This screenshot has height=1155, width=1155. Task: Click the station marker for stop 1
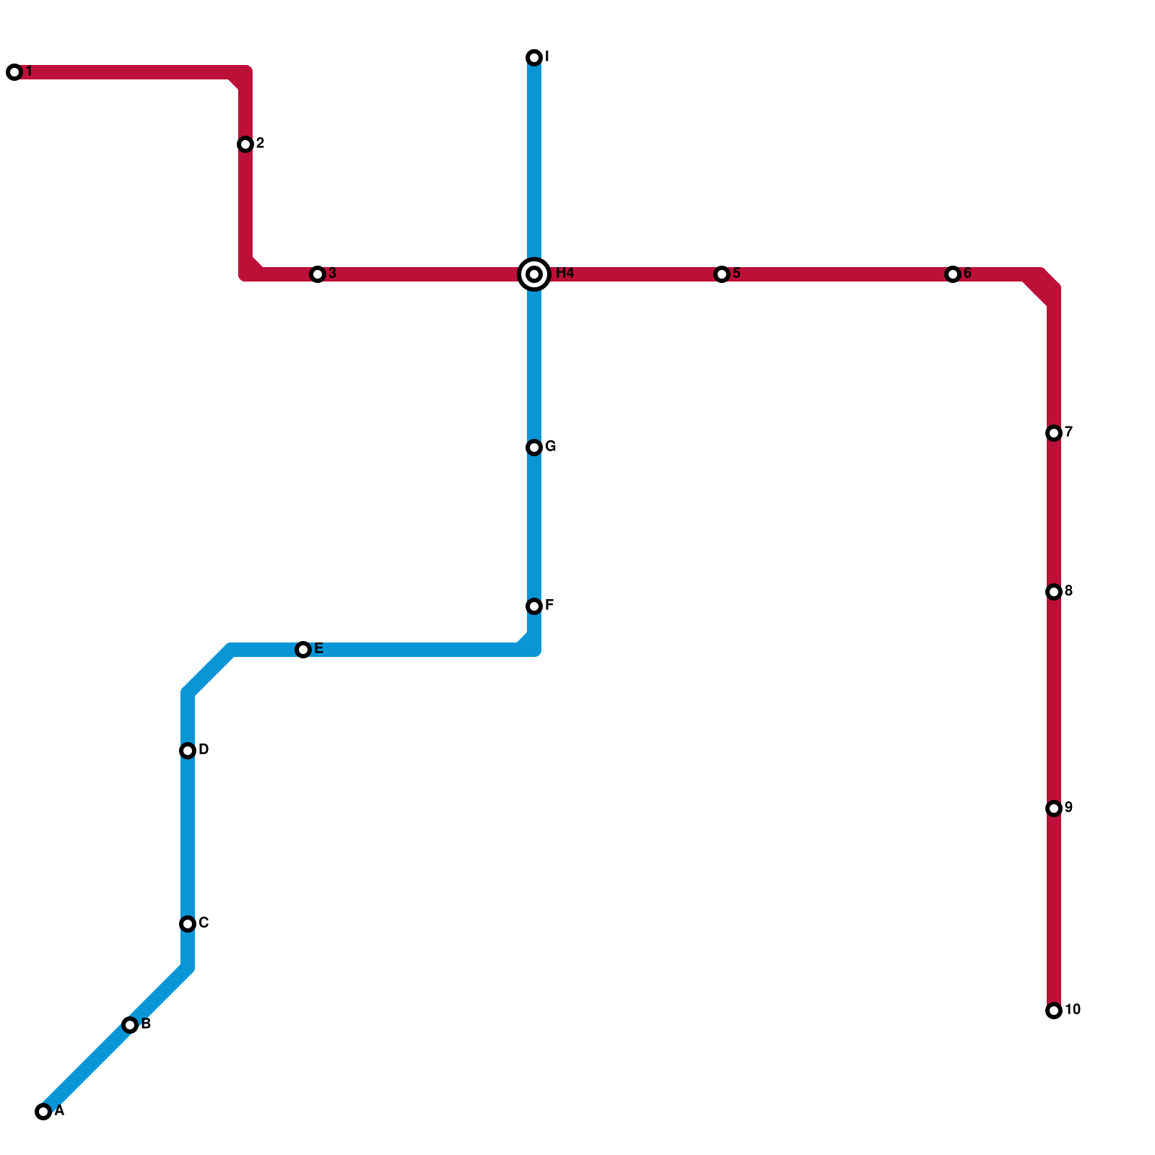(14, 72)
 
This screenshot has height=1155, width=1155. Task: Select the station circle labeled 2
(245, 144)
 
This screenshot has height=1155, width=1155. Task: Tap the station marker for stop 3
(318, 274)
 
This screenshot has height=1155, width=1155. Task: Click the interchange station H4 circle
(534, 274)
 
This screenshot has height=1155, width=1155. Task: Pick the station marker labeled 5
(722, 274)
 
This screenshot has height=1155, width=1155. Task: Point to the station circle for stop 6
(953, 274)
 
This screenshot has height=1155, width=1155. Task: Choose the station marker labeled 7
(1054, 433)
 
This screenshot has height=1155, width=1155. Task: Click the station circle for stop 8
(1054, 592)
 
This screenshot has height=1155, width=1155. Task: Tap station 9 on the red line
(1054, 808)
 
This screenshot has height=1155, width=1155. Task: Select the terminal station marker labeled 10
(1054, 1011)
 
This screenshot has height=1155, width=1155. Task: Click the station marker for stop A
(43, 1112)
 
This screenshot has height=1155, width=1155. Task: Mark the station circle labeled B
(130, 1025)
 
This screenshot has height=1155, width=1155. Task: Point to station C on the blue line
(188, 924)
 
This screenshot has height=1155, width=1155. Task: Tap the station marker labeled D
(188, 751)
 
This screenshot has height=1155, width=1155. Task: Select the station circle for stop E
(303, 650)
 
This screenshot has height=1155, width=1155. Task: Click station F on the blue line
(534, 606)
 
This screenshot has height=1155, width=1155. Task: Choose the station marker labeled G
(534, 448)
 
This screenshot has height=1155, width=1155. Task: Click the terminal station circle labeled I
(534, 58)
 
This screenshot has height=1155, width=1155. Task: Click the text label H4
(565, 273)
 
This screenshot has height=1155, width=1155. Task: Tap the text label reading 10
(1073, 1009)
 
